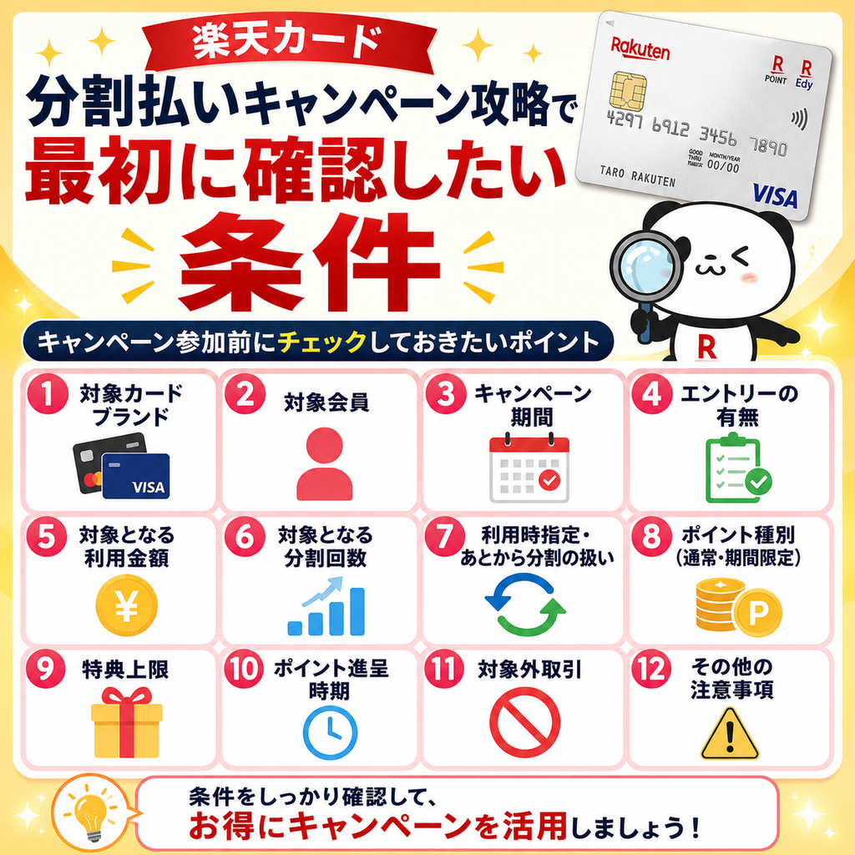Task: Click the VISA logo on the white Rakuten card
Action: tap(775, 196)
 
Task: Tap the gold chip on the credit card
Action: tap(628, 90)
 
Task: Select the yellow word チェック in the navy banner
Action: tap(321, 342)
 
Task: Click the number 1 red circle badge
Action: tap(48, 394)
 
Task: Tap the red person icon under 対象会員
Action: tap(325, 464)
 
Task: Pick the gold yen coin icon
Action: tap(127, 605)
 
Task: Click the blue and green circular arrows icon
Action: tap(526, 605)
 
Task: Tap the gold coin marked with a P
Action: tap(756, 613)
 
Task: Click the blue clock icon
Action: tap(330, 732)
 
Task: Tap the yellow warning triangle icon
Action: tap(730, 733)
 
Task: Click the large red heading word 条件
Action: tap(309, 262)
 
